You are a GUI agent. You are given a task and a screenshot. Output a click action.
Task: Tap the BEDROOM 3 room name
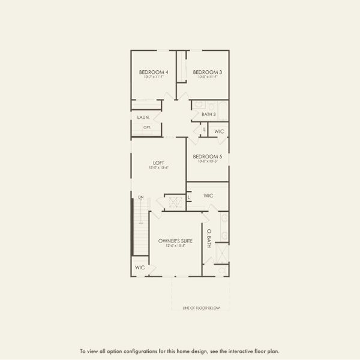coord(207,72)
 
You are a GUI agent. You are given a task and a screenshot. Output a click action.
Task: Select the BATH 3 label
coord(208,114)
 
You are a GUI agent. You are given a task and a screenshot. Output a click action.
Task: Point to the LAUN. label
coord(144,118)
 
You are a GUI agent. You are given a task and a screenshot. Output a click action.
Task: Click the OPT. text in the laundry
coord(147,127)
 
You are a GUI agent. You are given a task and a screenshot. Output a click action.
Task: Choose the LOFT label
coord(158,163)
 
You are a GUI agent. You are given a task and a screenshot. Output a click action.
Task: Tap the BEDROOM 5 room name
coord(208,157)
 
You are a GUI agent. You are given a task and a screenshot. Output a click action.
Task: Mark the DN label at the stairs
coord(140,197)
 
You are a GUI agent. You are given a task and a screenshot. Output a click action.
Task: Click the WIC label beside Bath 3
coord(219,131)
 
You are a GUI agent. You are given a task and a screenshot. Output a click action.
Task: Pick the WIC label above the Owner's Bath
coord(208,196)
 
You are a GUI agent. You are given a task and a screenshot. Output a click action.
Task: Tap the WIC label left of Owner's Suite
coord(140,267)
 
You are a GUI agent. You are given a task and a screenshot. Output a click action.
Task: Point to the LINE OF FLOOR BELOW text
coord(201,308)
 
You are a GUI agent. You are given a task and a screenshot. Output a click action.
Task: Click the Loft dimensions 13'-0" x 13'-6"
coord(158,167)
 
